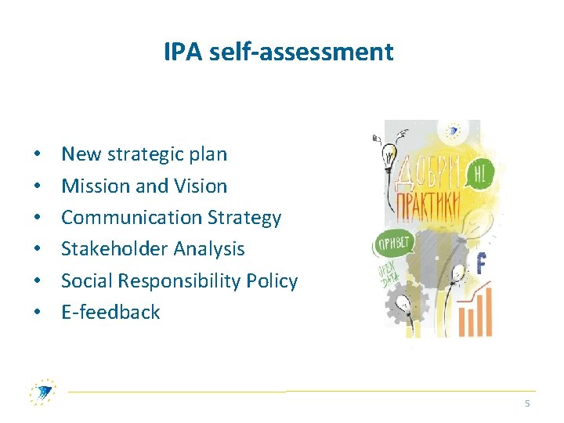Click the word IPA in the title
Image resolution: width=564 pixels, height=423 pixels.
point(181,52)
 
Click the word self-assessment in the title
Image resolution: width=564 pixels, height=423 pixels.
point(298,52)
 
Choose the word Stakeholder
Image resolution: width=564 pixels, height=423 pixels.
point(108,249)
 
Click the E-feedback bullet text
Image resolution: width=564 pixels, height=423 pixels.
point(110,312)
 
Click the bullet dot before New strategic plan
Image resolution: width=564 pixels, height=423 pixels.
point(37,155)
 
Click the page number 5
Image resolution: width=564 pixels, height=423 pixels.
point(527,403)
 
